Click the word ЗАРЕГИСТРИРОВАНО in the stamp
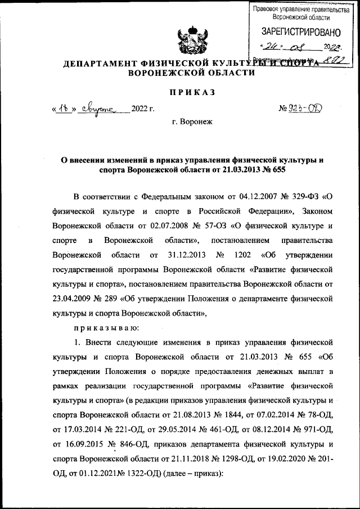pyautogui.click(x=299, y=30)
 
